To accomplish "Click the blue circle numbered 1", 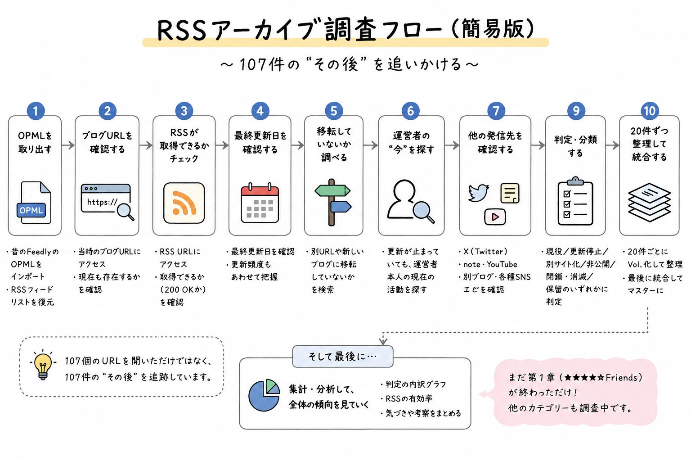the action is coord(36,111).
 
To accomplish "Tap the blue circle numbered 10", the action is coord(649,111).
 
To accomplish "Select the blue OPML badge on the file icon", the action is coord(31,210).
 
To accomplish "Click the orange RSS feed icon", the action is coord(184,203).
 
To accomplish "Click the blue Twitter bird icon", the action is coord(478,193).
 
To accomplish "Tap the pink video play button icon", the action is coord(495,217).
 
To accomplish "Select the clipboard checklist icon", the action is coord(575,201).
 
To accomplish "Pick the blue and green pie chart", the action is coord(264,395).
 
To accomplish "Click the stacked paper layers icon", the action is coord(649,202).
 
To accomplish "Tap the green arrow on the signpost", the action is coord(332,190).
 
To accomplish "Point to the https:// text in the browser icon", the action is coord(102,202).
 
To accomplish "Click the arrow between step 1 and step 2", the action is coord(68,145).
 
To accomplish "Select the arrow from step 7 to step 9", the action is coord(538,145).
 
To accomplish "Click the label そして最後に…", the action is coord(342,357).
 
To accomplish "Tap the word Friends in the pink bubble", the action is coord(621,377).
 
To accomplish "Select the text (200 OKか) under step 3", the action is coord(183,289).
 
